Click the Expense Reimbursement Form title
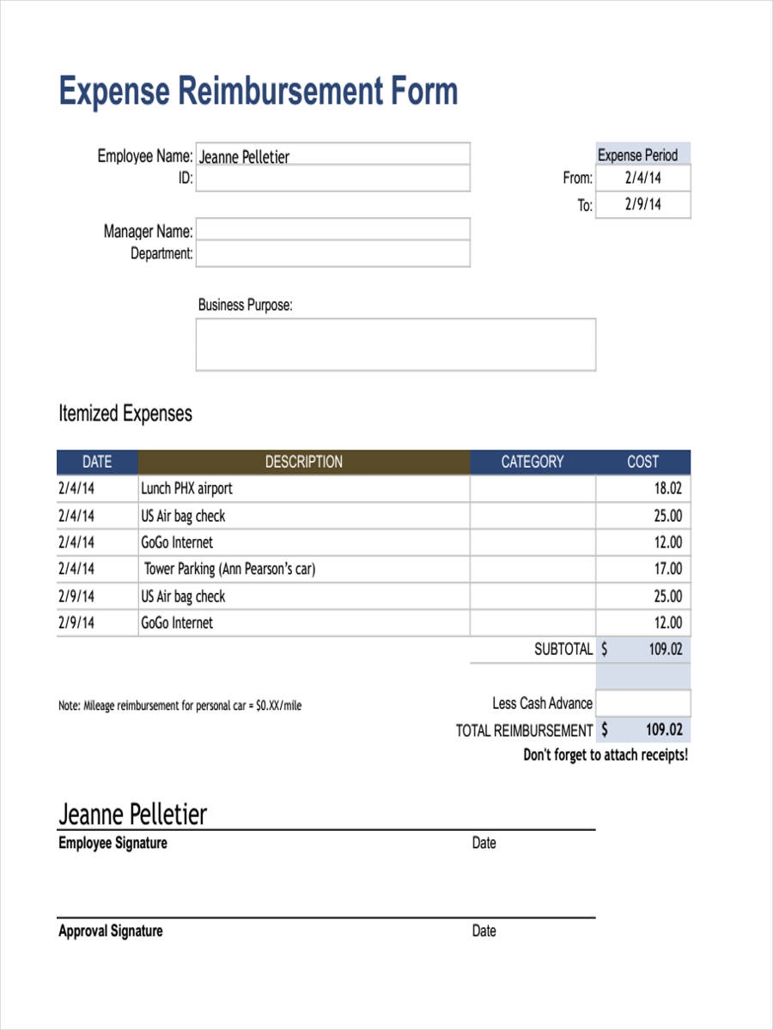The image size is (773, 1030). pos(258,92)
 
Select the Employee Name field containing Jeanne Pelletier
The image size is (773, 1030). pos(332,154)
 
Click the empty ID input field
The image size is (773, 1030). pos(332,179)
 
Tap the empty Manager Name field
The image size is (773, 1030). pos(332,229)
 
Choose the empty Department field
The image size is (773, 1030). pos(332,253)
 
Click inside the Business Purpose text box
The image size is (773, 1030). pos(395,344)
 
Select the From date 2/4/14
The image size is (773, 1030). pos(642,179)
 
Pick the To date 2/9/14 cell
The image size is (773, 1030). pos(642,204)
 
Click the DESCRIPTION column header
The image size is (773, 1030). pos(303,462)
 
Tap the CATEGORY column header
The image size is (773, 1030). pos(533,462)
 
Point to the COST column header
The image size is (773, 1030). pos(642,462)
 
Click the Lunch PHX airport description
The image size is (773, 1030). pos(186,488)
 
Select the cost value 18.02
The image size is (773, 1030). pos(667,488)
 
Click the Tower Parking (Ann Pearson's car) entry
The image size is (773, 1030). pos(229,568)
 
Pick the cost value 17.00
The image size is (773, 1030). pos(667,568)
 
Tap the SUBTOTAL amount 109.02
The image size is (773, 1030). pos(664,650)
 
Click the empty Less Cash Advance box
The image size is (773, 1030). pos(642,703)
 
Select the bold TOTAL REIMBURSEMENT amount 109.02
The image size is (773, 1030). pos(664,730)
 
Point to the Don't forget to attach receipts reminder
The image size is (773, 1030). pos(606,755)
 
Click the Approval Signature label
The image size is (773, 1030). pos(111,931)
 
